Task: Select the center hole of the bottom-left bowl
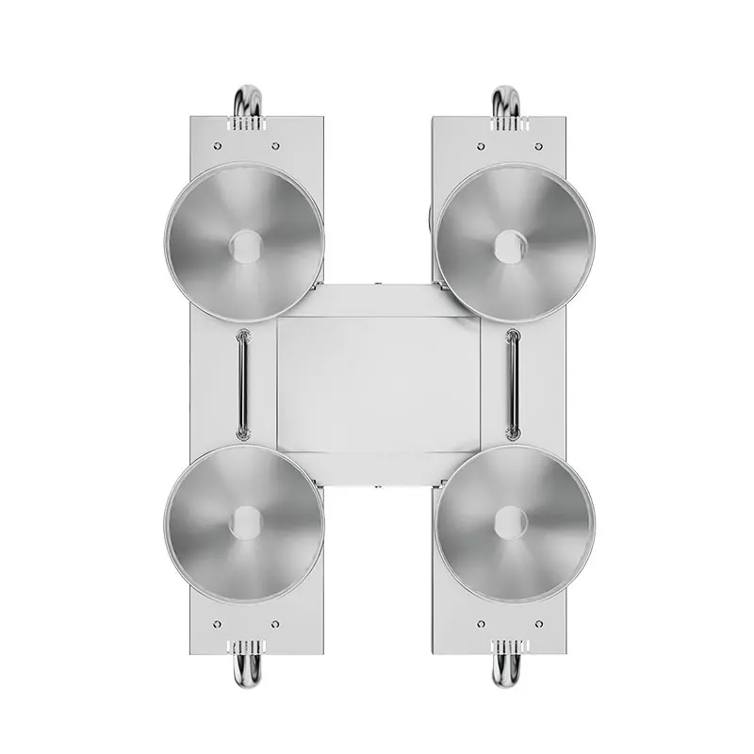[245, 522]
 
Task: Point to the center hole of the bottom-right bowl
[510, 522]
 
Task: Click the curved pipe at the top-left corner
[247, 97]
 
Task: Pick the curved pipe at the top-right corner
[506, 97]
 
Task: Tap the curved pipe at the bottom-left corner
[247, 671]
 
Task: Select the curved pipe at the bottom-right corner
[506, 671]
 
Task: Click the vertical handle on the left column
[243, 385]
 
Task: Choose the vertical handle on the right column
[513, 385]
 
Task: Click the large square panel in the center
[377, 385]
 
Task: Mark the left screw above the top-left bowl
[218, 146]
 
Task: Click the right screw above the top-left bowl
[274, 146]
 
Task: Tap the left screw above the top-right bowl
[481, 146]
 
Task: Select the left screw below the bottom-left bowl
[218, 624]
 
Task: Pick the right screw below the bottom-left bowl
[274, 624]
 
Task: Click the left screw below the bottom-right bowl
[481, 624]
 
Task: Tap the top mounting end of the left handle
[243, 334]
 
